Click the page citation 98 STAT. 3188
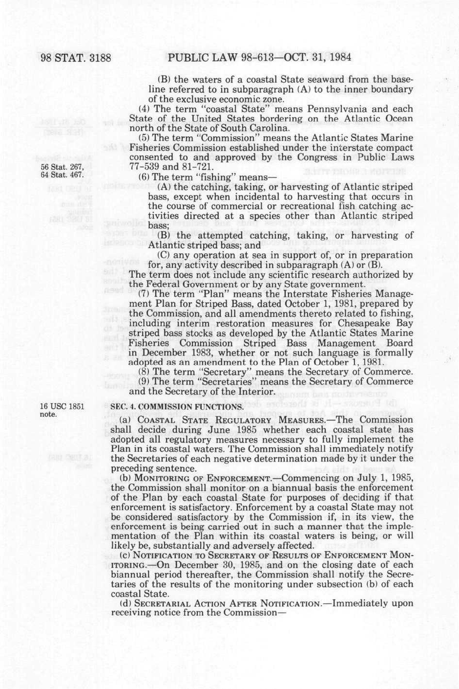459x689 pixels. (x=76, y=58)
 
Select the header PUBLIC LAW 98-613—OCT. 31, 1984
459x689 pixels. (x=259, y=58)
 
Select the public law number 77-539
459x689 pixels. (x=144, y=167)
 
